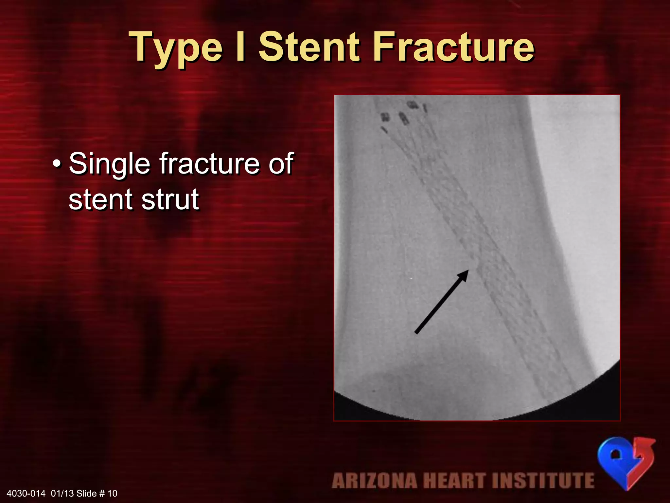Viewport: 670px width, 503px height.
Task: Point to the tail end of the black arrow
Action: (x=416, y=332)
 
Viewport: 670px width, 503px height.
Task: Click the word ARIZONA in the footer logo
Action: (x=374, y=481)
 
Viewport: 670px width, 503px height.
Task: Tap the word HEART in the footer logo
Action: (x=454, y=481)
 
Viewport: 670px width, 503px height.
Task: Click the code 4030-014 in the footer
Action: (x=26, y=494)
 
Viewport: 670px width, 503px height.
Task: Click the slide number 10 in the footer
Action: (x=112, y=494)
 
